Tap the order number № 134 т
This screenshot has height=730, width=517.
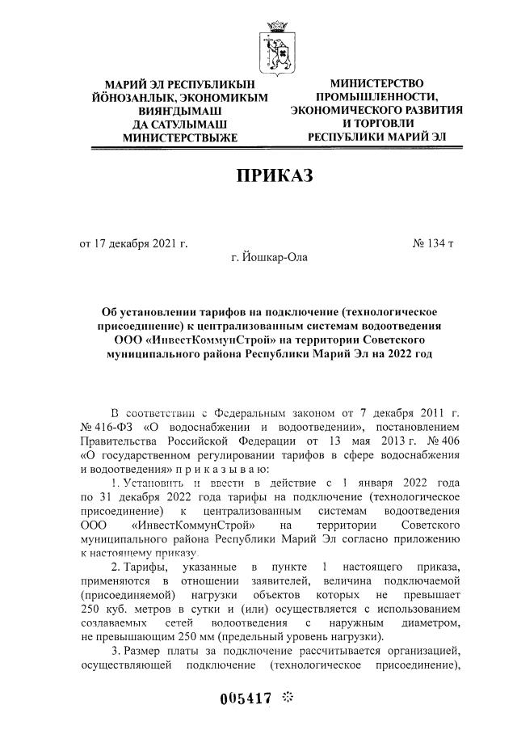[x=434, y=242]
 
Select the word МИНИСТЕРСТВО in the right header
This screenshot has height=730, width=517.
[x=376, y=84]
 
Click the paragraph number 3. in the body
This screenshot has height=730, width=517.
[x=116, y=653]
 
